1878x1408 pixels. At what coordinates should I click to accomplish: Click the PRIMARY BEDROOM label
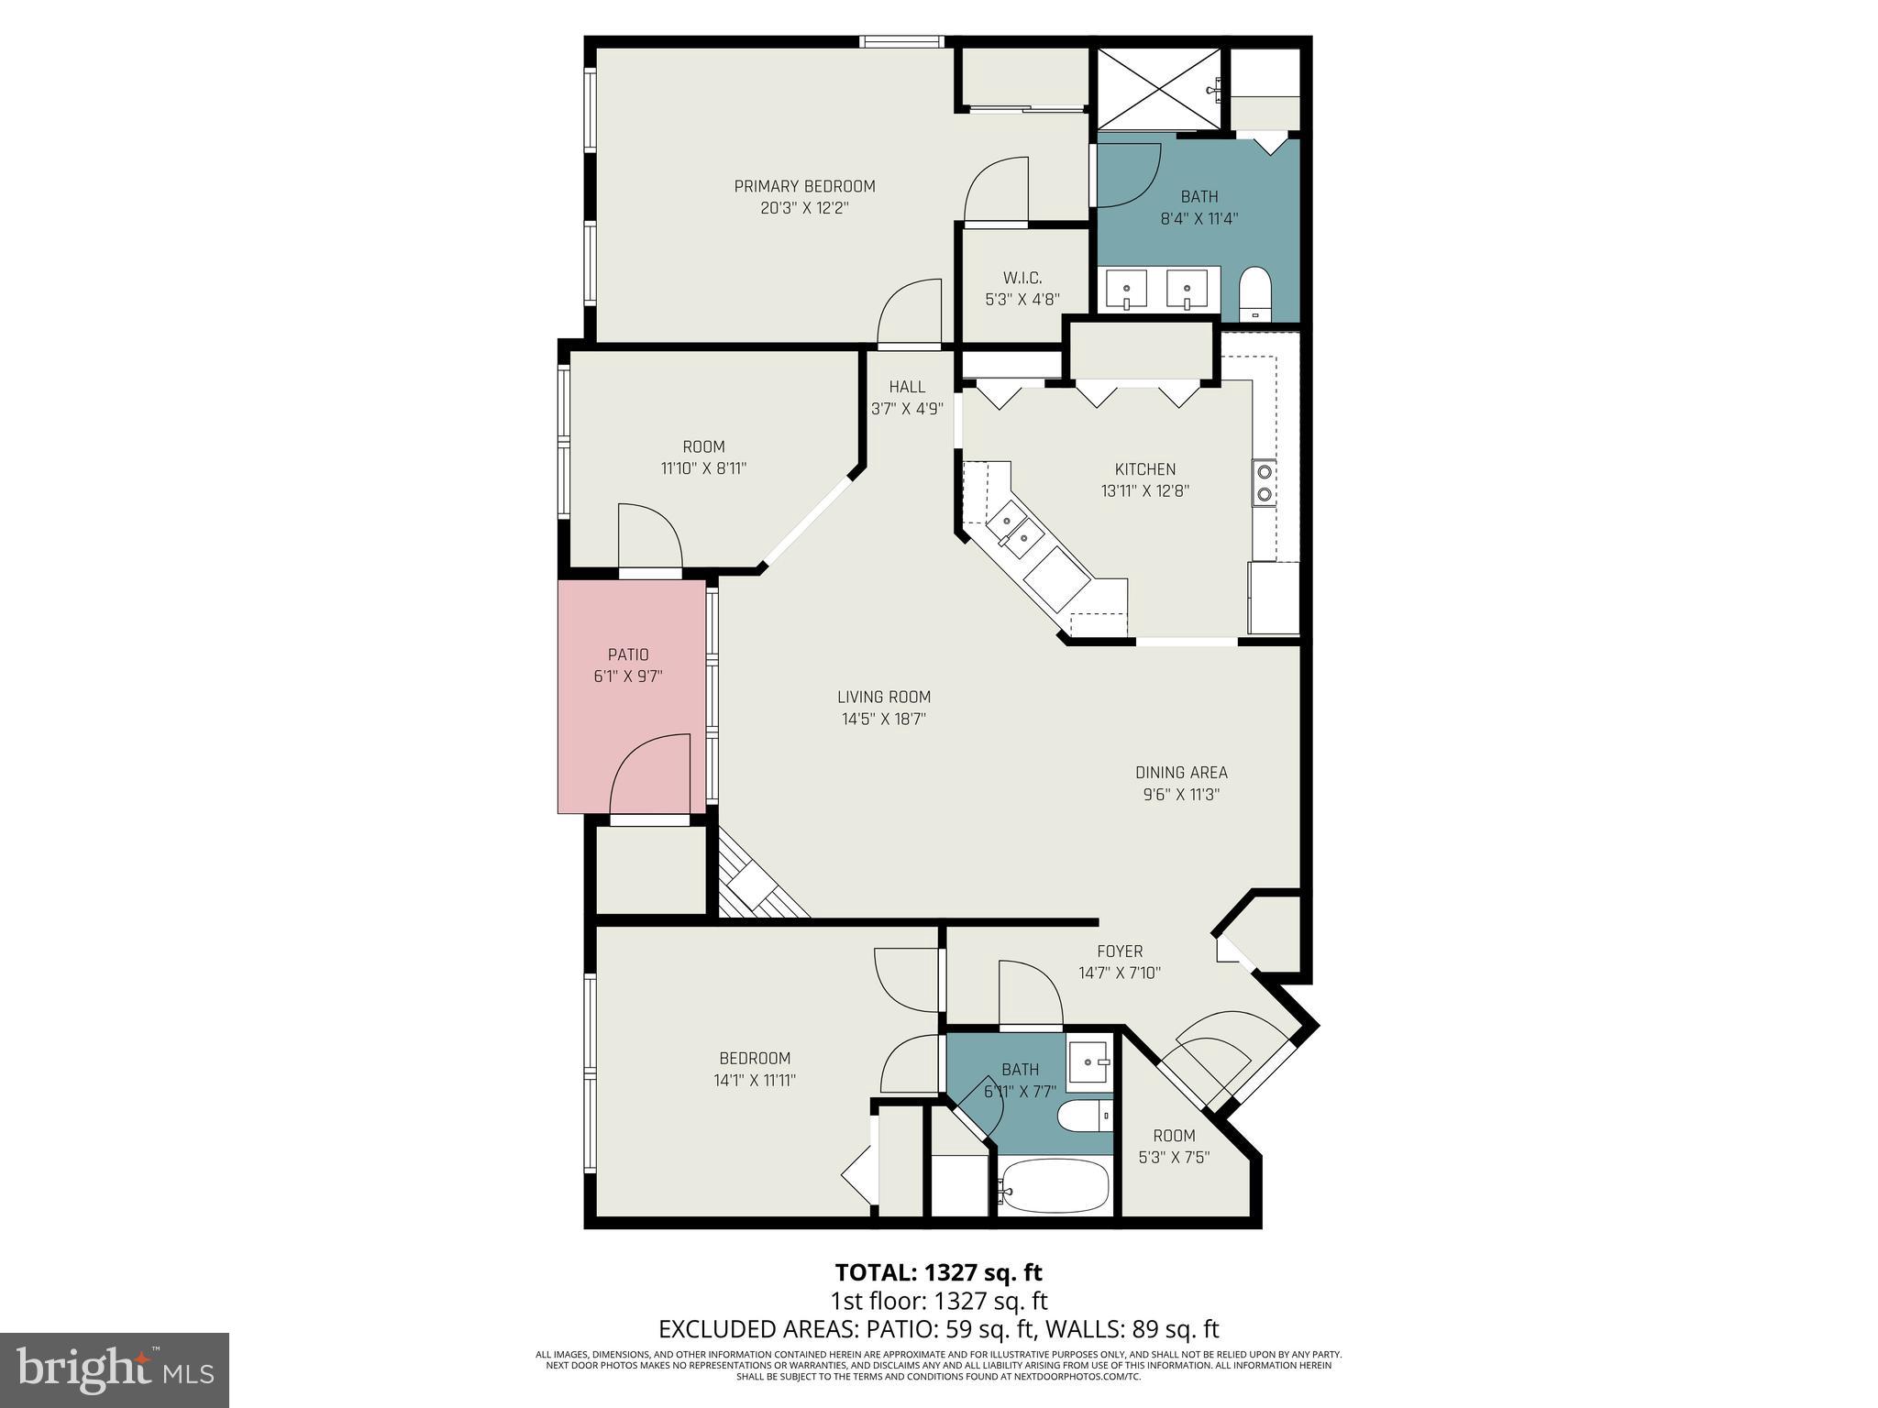[x=804, y=186]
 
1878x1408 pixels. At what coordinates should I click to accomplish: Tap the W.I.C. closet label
[x=1022, y=278]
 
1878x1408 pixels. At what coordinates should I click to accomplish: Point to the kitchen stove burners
[x=1264, y=483]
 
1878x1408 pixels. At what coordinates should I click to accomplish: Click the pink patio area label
[x=628, y=654]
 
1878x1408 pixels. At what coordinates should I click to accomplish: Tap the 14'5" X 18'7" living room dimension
[x=884, y=720]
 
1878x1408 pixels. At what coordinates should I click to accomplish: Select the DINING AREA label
[x=1181, y=773]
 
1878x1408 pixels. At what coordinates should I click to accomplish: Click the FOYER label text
[x=1120, y=951]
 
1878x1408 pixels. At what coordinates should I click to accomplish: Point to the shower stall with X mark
[x=1160, y=89]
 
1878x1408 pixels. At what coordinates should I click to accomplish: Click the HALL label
[x=907, y=387]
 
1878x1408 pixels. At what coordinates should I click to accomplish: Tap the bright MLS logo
[x=114, y=1369]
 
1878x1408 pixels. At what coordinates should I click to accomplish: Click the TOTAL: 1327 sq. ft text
[x=938, y=1272]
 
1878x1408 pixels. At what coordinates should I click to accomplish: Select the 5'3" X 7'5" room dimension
[x=1174, y=1158]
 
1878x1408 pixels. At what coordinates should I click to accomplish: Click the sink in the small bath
[x=1089, y=1061]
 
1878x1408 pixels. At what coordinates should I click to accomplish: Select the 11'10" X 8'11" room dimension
[x=703, y=468]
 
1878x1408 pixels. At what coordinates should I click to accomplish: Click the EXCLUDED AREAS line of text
[x=938, y=1328]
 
